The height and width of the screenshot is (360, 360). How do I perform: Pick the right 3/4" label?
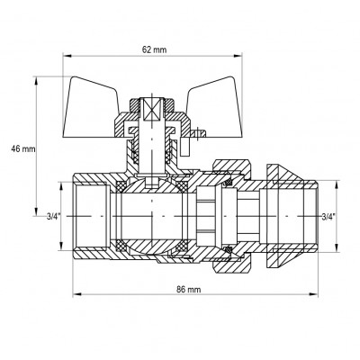[x=329, y=216]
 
